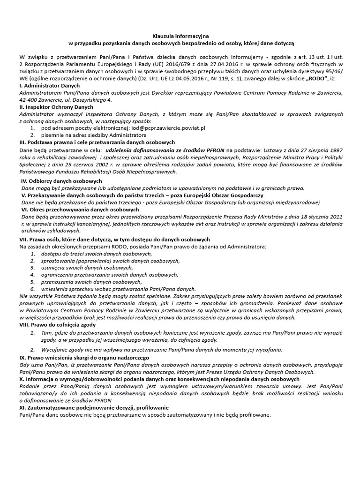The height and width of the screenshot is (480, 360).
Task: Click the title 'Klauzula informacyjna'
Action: point(180,36)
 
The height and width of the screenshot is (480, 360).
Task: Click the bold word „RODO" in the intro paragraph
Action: point(319,78)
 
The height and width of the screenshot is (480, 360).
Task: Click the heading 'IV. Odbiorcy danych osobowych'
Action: point(62,181)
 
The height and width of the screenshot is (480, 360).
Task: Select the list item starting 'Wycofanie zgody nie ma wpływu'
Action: point(162,350)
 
